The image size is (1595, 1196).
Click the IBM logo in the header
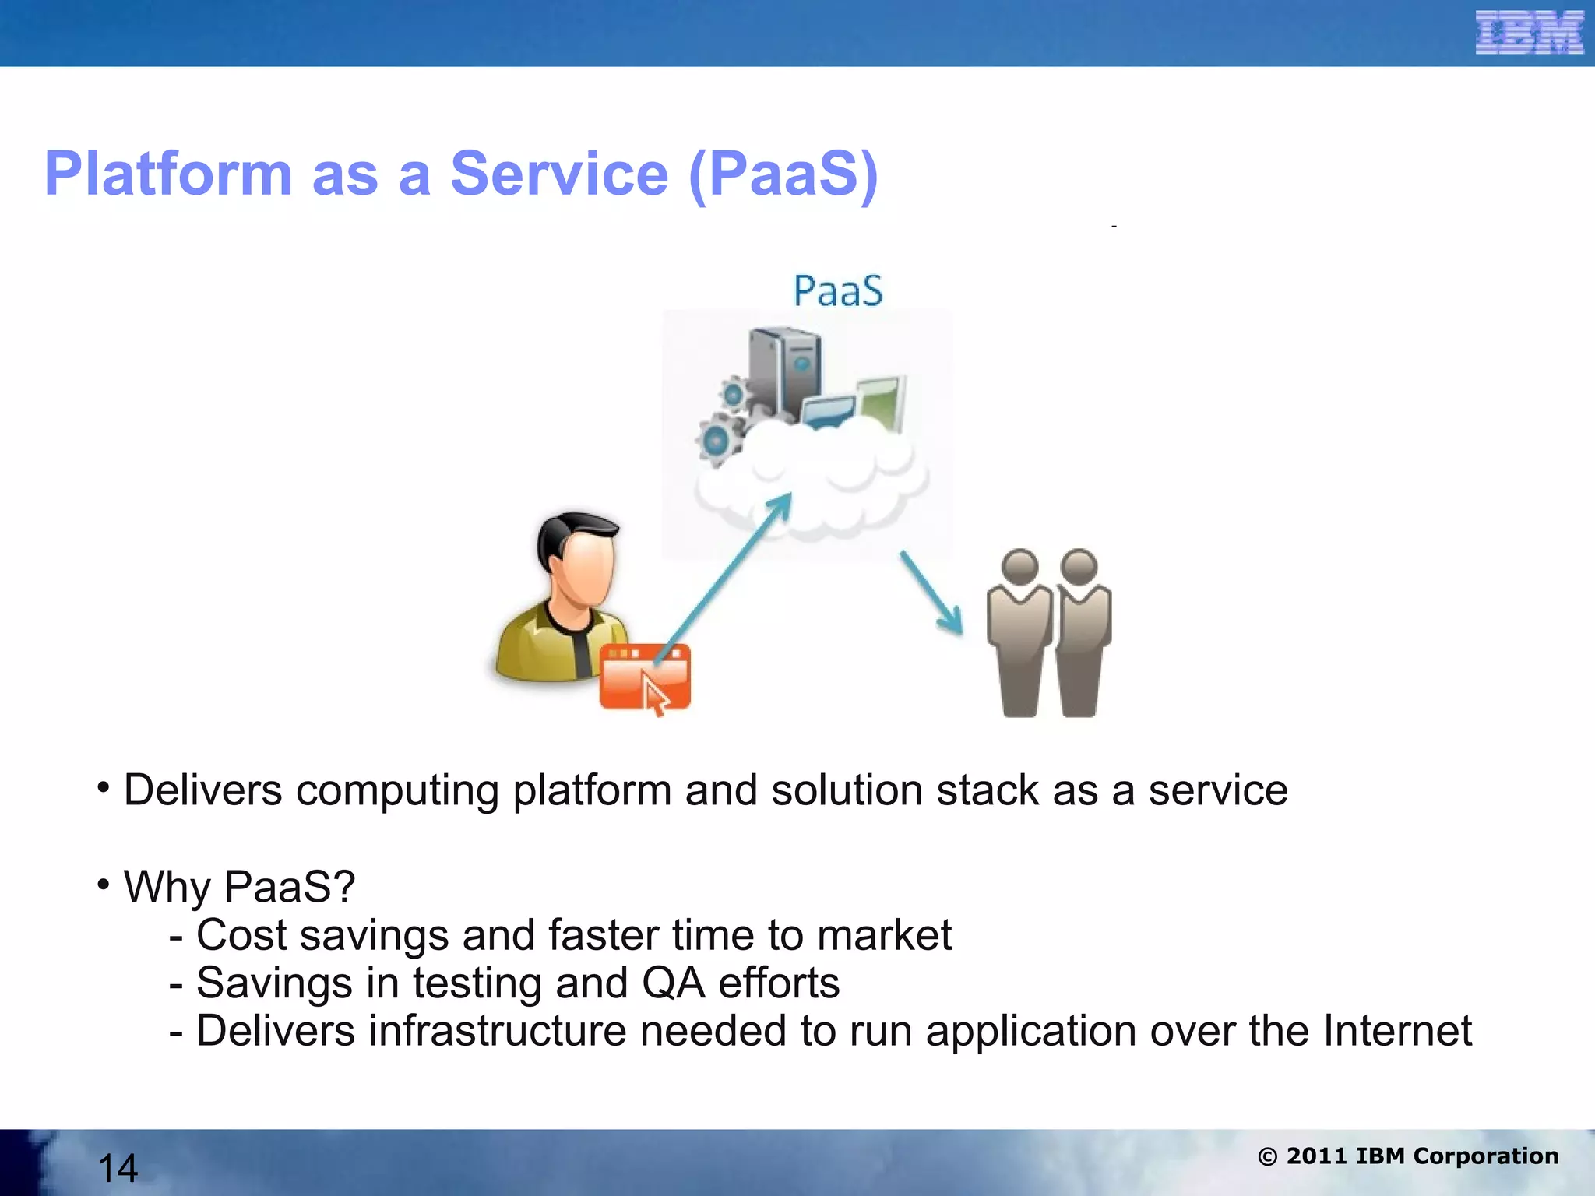(1529, 33)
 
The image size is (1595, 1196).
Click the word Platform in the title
(168, 174)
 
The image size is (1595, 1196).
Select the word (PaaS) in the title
(783, 174)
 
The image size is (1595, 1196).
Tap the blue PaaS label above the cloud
(838, 291)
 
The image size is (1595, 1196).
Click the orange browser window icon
(645, 676)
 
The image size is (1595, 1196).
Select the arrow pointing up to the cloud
(724, 576)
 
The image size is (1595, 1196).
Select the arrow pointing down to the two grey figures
(931, 592)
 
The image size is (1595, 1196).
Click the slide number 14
(118, 1168)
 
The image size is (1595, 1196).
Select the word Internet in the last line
(1397, 1031)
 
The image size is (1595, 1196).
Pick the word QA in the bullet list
(674, 983)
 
